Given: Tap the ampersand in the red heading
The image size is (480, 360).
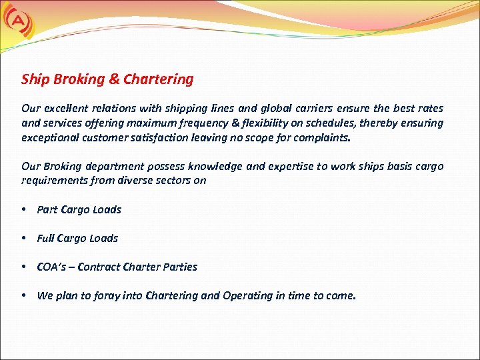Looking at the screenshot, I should pyautogui.click(x=114, y=79).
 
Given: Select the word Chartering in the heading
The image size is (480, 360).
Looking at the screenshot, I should pyautogui.click(x=159, y=79).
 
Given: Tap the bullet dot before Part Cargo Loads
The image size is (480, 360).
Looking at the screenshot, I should pyautogui.click(x=23, y=209).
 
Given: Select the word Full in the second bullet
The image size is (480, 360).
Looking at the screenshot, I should pyautogui.click(x=45, y=238).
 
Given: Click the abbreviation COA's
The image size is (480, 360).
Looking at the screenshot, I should pyautogui.click(x=51, y=267).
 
